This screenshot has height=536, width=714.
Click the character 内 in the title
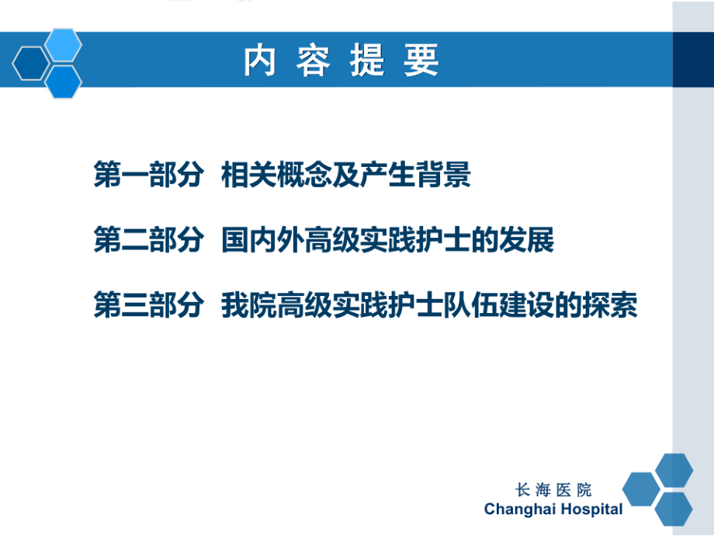coord(260,61)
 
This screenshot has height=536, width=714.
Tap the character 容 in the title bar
coord(313,61)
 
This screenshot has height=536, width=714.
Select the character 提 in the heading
coord(366,61)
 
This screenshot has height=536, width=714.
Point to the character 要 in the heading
coord(421,61)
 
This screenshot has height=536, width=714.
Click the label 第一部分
coord(147,176)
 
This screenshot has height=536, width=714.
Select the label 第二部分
coord(147,241)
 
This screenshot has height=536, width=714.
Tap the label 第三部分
coord(147,305)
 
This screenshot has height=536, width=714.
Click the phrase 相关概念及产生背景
coord(346,176)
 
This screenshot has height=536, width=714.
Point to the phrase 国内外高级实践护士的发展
coord(387,241)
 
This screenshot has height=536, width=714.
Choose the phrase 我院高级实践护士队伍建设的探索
coord(429,305)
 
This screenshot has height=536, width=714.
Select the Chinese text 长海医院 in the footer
coord(553,489)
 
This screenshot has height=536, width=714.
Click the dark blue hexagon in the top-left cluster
coord(30,63)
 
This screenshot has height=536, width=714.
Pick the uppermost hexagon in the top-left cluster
coord(63,44)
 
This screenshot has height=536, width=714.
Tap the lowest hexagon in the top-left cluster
coord(63,82)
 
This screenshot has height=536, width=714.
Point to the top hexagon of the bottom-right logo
coord(673,470)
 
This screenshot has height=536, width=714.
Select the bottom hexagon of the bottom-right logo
coord(673,508)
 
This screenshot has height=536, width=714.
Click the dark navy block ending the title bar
coord(692,61)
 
